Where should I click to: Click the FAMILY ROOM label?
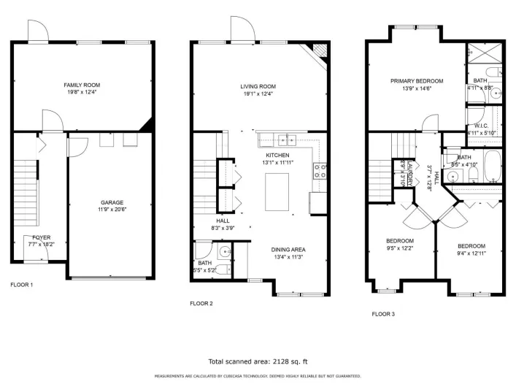click(x=80, y=85)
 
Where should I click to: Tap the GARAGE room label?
click(x=112, y=202)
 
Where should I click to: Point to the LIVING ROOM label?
click(x=258, y=86)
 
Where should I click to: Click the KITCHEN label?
click(x=277, y=156)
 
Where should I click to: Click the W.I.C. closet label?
click(x=482, y=126)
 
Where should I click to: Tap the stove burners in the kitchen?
click(x=320, y=172)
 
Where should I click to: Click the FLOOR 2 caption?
click(x=201, y=304)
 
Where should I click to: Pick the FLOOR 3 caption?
click(x=383, y=314)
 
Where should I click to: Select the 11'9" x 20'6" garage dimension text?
click(x=112, y=210)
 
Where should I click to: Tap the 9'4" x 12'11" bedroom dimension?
click(x=471, y=253)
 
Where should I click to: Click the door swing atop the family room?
click(x=38, y=31)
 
